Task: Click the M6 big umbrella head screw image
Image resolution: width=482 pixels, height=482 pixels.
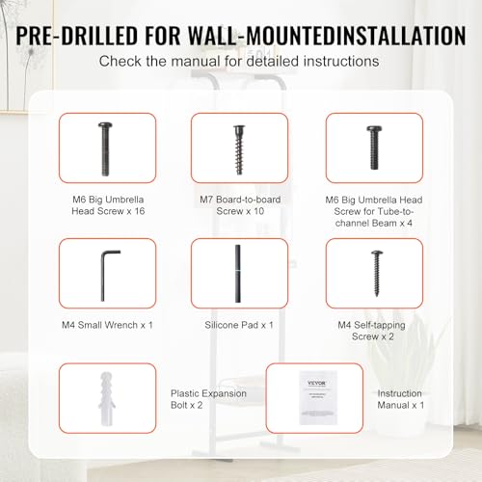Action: tap(105, 149)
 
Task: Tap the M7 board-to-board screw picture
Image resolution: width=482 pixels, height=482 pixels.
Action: tap(239, 149)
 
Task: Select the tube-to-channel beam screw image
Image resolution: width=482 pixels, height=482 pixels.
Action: tap(374, 147)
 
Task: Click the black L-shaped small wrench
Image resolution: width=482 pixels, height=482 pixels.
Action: tap(103, 276)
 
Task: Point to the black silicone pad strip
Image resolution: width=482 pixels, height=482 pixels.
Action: tap(238, 274)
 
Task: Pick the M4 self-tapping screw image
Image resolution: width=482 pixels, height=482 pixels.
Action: tap(377, 274)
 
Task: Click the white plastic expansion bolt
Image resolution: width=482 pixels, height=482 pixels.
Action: tap(106, 399)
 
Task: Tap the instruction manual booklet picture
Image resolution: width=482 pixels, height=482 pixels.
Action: tap(318, 398)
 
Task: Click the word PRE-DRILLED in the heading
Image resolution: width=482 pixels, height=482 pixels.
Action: tap(77, 36)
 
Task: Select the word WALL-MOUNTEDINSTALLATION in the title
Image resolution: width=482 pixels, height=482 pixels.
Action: tap(327, 36)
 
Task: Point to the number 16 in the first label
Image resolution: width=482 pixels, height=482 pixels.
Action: tap(140, 211)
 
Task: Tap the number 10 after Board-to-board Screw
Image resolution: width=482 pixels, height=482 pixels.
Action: tap(258, 211)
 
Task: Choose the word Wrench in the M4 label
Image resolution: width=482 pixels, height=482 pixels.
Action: tap(121, 325)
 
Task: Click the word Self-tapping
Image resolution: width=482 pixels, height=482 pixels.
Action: tap(380, 325)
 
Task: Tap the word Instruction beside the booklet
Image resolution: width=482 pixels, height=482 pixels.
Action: tap(399, 393)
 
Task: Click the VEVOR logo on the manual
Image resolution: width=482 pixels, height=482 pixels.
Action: tap(317, 383)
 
